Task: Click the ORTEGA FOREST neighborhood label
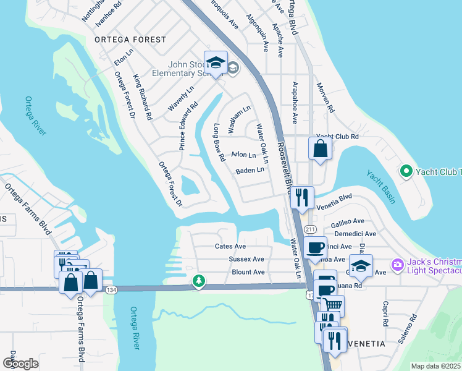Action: [130, 40]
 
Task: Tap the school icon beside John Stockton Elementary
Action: [216, 63]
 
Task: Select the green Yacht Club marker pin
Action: [406, 171]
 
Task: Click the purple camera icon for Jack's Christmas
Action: [397, 265]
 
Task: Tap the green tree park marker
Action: [198, 282]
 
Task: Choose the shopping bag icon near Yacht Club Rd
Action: [320, 149]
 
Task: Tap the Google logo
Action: [21, 363]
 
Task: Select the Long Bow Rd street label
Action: [219, 143]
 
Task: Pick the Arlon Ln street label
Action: [243, 155]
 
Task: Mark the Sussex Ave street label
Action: [246, 259]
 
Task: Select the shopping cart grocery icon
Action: [334, 304]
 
